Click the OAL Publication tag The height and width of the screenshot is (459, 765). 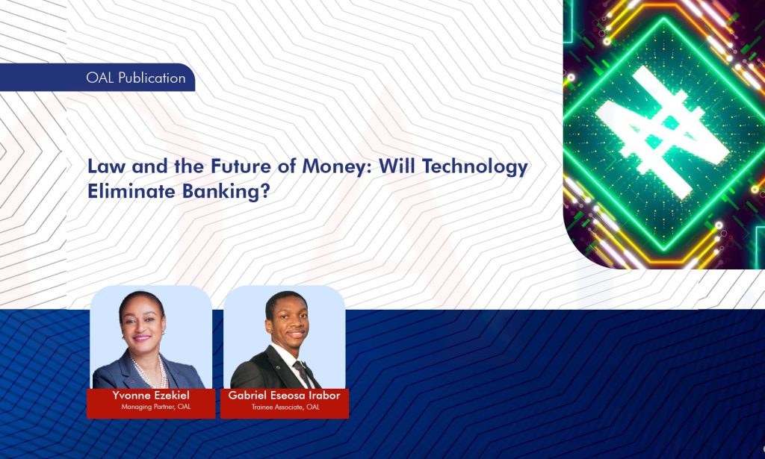coord(134,78)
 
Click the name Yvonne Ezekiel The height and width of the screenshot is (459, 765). coord(149,396)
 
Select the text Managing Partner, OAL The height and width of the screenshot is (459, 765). coord(150,407)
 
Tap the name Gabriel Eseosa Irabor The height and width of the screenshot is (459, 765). coord(285,396)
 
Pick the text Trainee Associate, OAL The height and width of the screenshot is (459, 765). coord(285,407)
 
